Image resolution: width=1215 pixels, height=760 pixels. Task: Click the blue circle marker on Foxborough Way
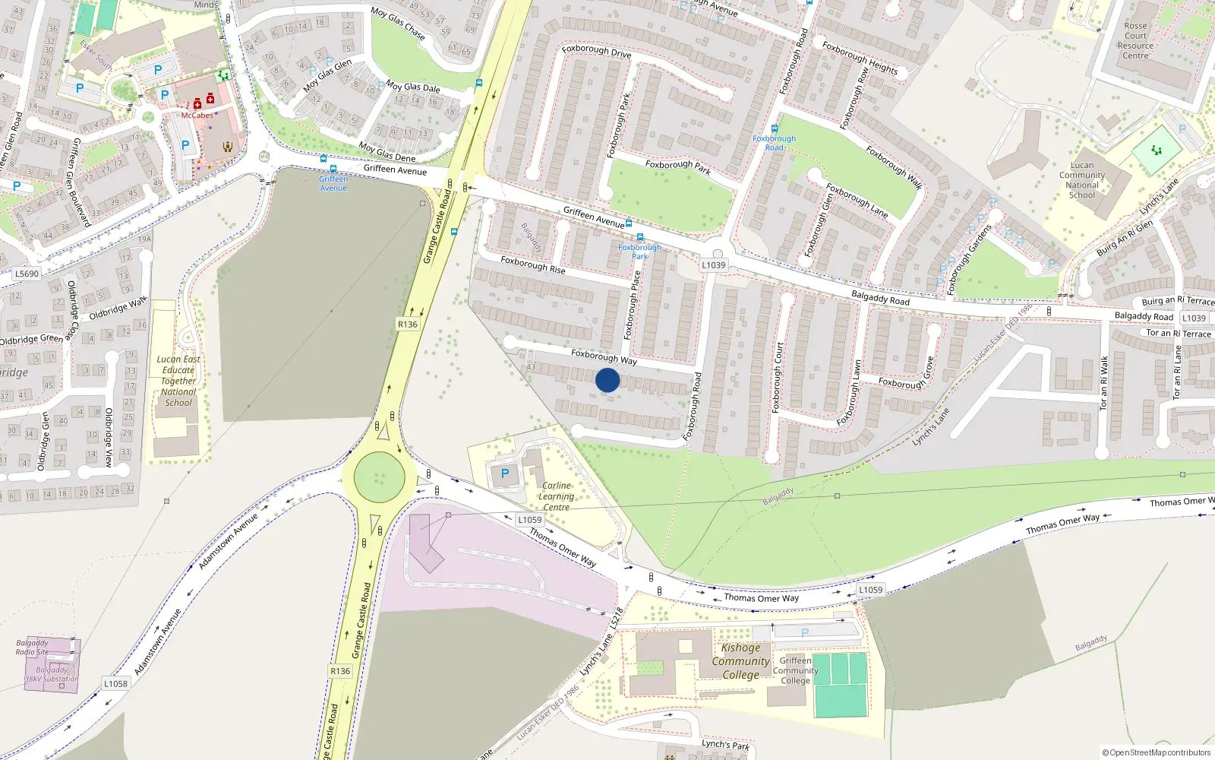coord(607,380)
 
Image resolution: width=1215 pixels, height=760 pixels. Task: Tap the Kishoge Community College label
coord(740,661)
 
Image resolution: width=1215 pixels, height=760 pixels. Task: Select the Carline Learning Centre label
coord(556,496)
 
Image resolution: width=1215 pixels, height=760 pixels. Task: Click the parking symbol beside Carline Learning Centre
coord(505,473)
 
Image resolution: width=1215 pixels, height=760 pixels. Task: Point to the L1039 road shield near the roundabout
coord(713,265)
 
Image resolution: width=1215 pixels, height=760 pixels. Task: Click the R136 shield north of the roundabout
coord(408,324)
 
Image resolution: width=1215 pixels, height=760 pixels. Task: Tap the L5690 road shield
coord(27,274)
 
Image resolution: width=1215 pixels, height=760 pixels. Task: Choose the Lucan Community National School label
coord(1082,180)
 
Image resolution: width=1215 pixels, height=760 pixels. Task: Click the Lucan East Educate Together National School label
coord(178,381)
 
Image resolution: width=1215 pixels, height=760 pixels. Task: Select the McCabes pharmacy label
coord(197,116)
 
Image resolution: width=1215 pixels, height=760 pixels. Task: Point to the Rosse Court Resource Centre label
coord(1135,41)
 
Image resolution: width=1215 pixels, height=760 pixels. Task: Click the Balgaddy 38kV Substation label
coord(52,675)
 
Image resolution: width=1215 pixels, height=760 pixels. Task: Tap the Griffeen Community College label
coord(795,670)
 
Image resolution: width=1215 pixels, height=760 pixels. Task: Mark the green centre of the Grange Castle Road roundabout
coord(379,477)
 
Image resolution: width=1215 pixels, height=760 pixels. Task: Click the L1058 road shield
coord(115,683)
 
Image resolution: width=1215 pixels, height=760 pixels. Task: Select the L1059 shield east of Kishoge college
coord(870,590)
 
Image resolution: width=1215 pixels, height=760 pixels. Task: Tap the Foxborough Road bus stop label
coord(774,143)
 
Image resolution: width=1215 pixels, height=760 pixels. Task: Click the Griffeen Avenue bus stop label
coord(333,183)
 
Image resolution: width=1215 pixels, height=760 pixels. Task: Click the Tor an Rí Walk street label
coord(1104,383)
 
